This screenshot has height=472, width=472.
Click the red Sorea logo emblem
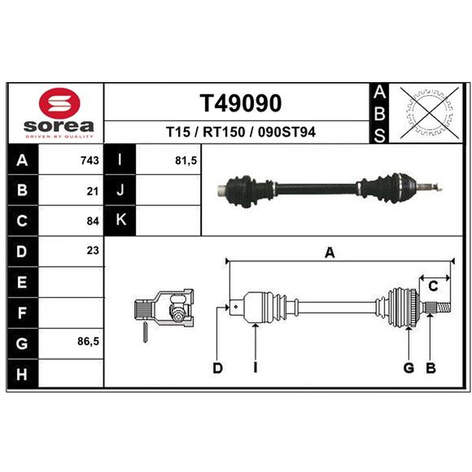(x=60, y=103)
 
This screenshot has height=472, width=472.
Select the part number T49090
(x=241, y=103)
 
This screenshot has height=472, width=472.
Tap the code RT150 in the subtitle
(x=224, y=132)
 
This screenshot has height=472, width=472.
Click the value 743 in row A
(x=90, y=160)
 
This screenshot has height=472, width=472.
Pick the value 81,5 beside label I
(x=186, y=160)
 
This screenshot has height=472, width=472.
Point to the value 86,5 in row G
(x=88, y=342)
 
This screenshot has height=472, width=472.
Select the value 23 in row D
(x=93, y=250)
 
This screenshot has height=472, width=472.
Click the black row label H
(x=22, y=374)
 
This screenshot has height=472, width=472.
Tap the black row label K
(x=120, y=220)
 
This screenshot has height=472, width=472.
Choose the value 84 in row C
(x=93, y=221)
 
